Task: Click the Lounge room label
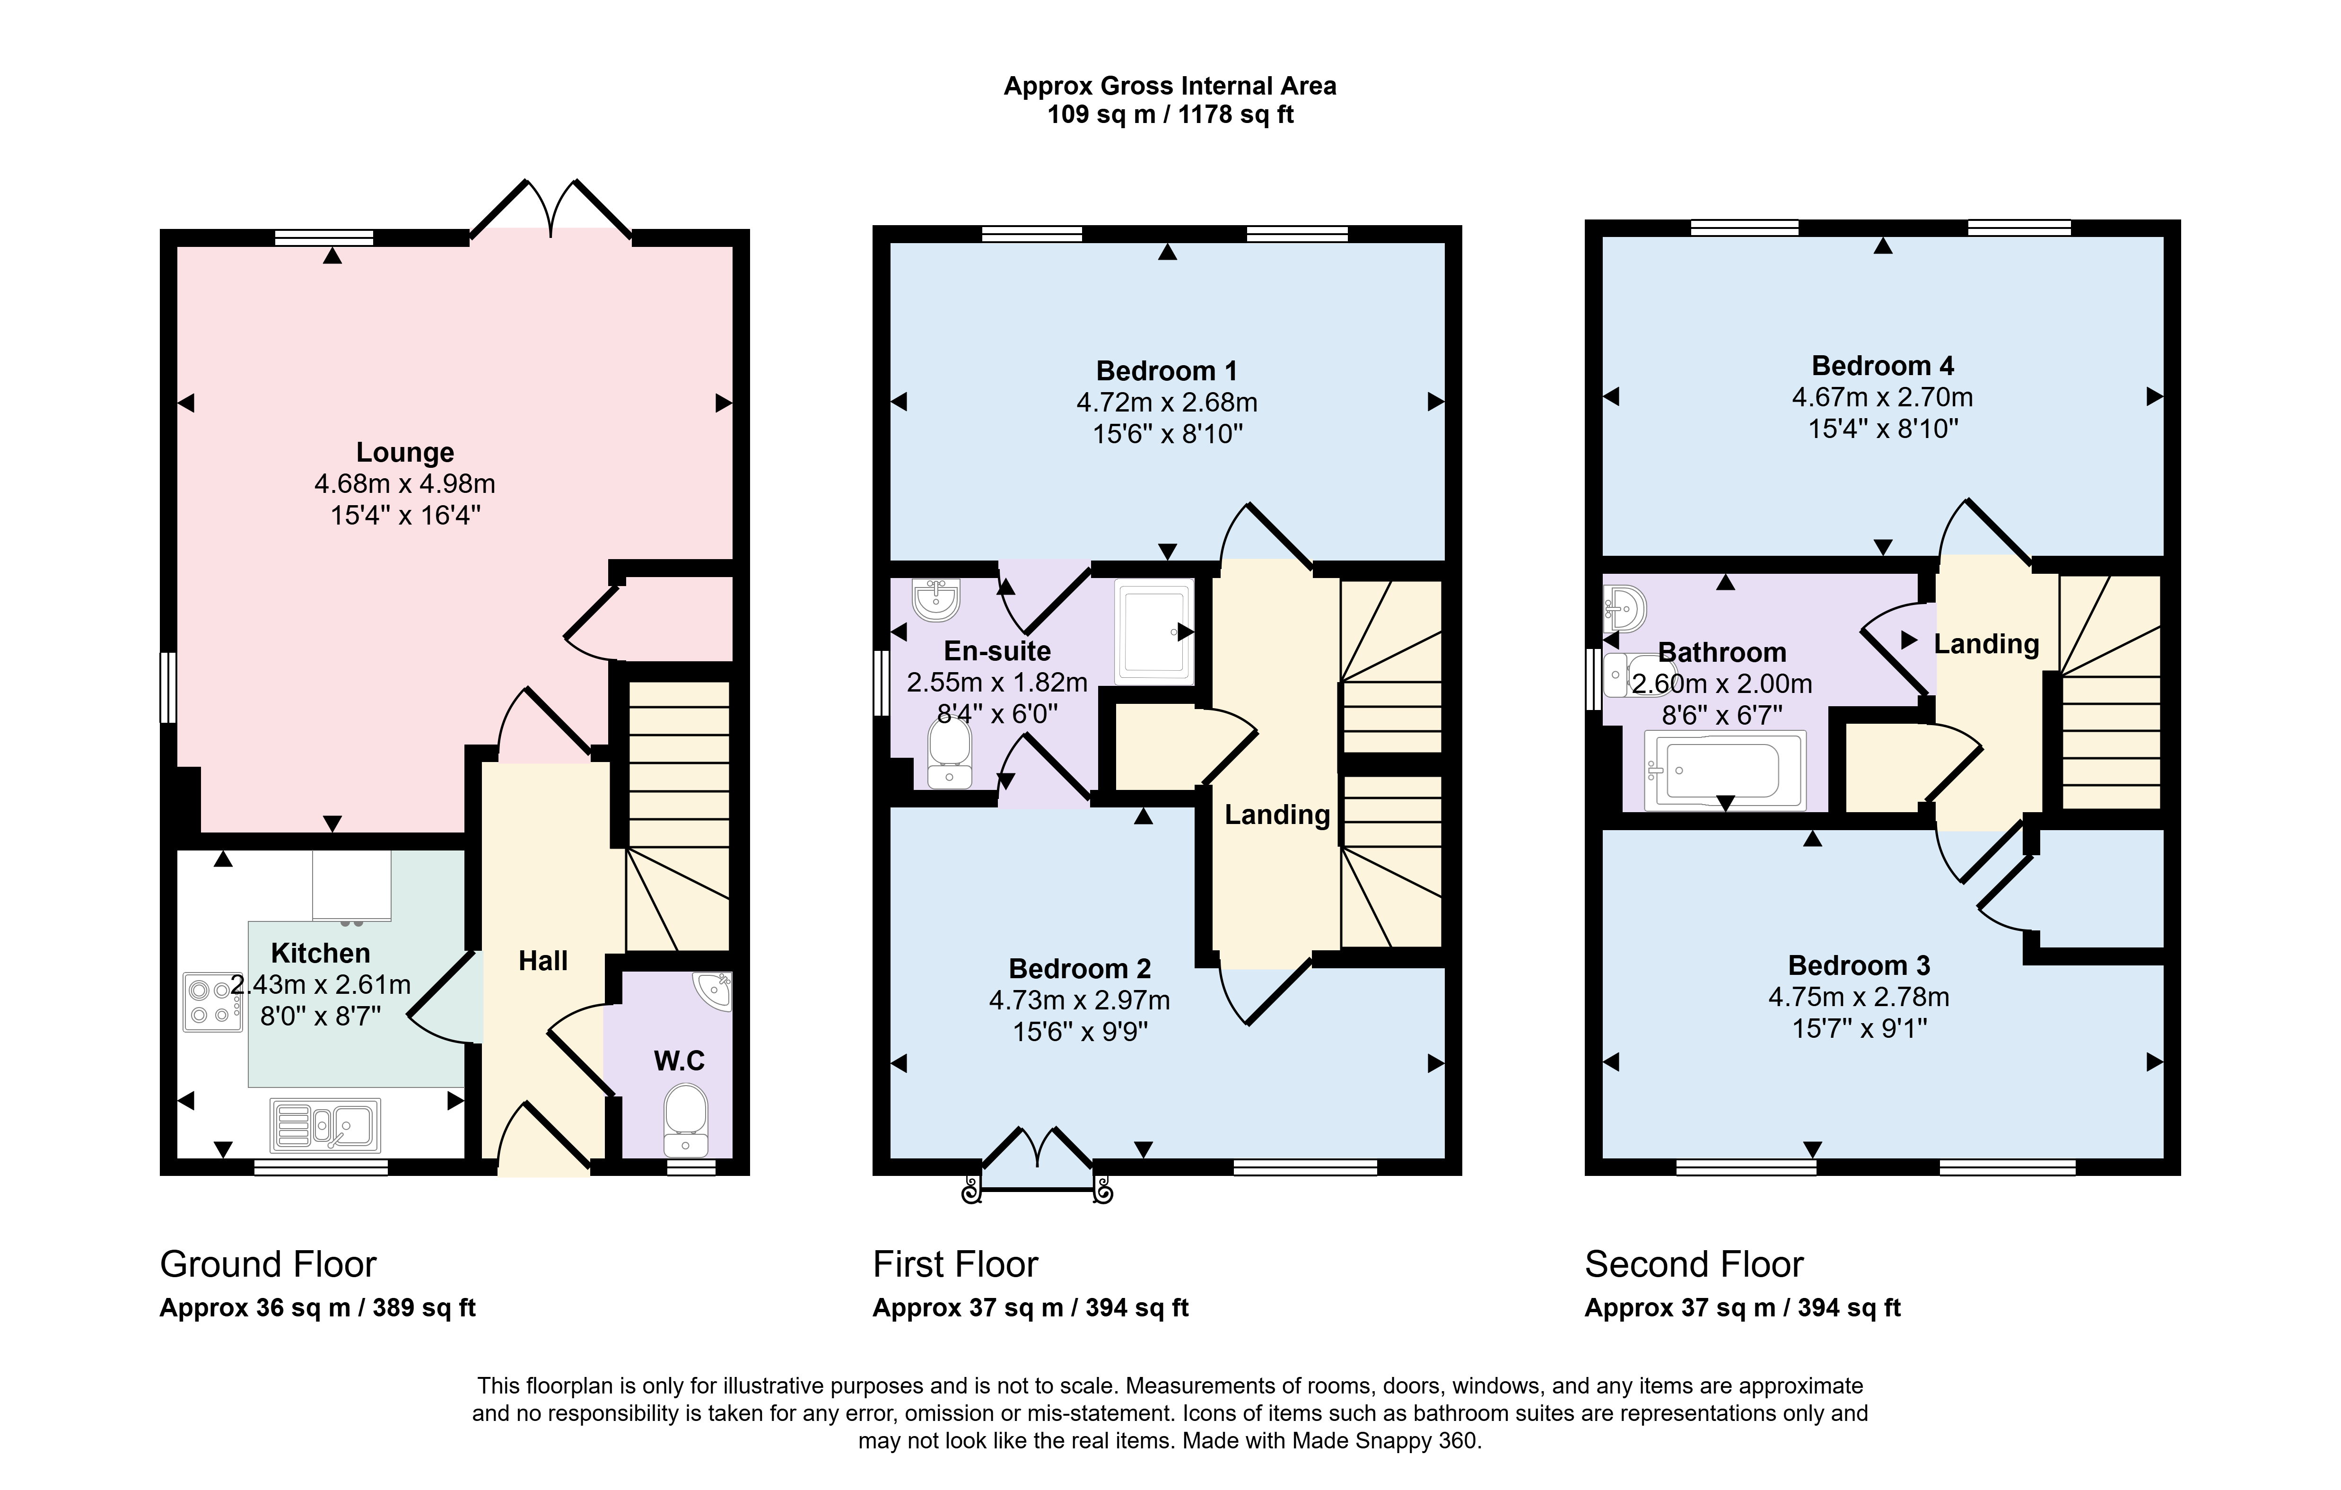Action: pyautogui.click(x=404, y=452)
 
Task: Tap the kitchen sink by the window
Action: pyautogui.click(x=326, y=1125)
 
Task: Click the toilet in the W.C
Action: pyautogui.click(x=686, y=1120)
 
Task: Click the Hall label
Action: pyautogui.click(x=542, y=961)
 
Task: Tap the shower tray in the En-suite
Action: pyautogui.click(x=1154, y=631)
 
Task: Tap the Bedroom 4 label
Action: pyautogui.click(x=1882, y=366)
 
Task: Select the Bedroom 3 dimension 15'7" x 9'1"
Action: pyautogui.click(x=1859, y=1028)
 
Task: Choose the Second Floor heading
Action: pyautogui.click(x=1694, y=1264)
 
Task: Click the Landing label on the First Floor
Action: pyautogui.click(x=1276, y=815)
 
